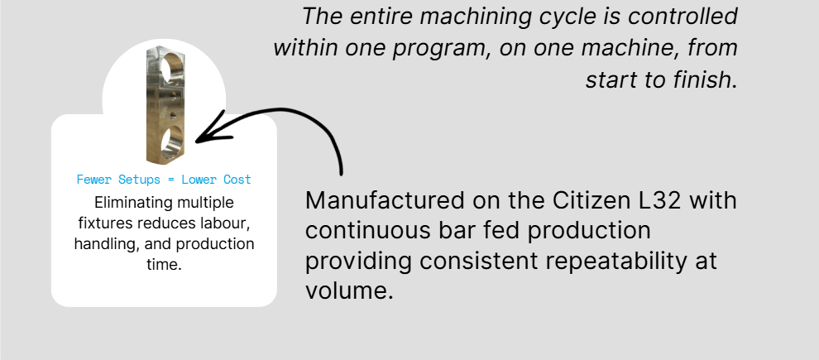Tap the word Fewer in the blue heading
tap(93, 180)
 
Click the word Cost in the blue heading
tap(238, 180)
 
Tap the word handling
tap(102, 244)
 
